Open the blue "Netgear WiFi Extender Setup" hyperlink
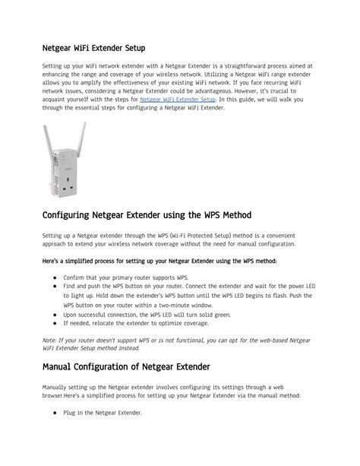click(x=178, y=100)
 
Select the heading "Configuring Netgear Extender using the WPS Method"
click(x=147, y=215)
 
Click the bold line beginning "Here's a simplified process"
click(x=159, y=261)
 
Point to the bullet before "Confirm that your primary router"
click(x=55, y=278)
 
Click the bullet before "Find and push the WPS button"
click(x=55, y=287)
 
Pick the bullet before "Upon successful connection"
click(x=55, y=314)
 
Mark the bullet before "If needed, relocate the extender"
click(x=55, y=323)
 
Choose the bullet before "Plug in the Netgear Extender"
click(x=55, y=413)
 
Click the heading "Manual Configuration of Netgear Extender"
click(x=126, y=367)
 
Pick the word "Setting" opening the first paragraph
click(x=53, y=66)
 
